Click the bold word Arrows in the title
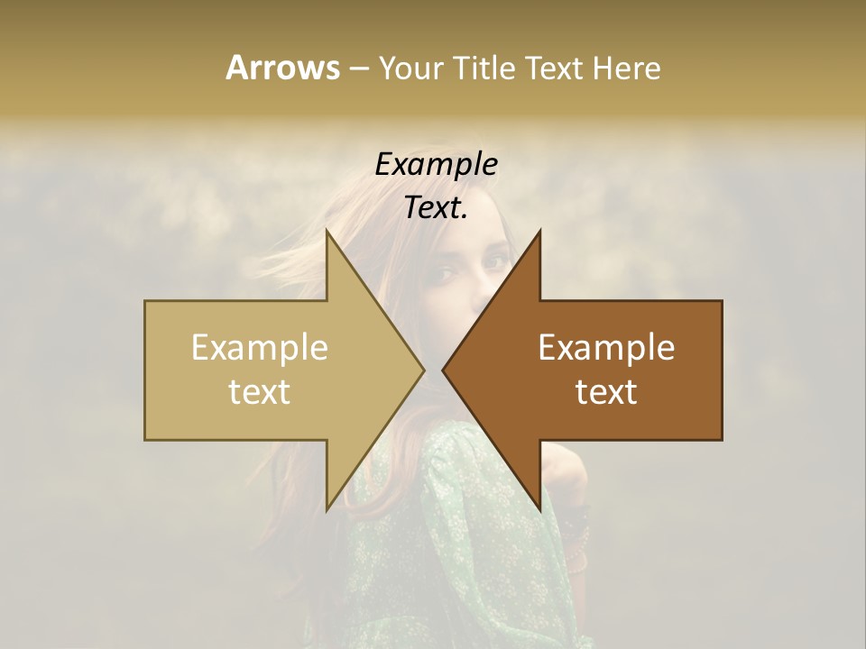tap(282, 68)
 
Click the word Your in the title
tap(412, 68)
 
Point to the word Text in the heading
tap(557, 68)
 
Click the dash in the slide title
tap(358, 69)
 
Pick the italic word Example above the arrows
tap(436, 164)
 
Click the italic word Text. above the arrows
tap(436, 207)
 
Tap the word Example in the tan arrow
tap(260, 347)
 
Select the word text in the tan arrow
tap(260, 391)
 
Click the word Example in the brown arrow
tap(606, 347)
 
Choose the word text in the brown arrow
tap(606, 391)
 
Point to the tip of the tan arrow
tap(422, 370)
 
